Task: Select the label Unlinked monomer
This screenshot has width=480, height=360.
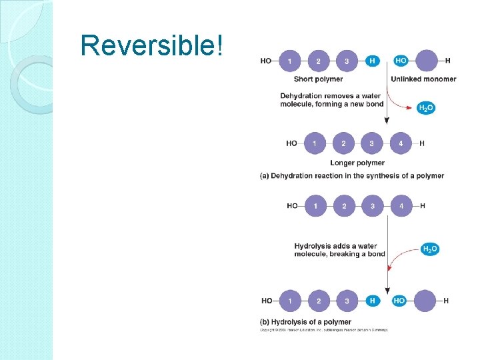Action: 423,79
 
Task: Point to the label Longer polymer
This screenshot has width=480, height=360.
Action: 357,163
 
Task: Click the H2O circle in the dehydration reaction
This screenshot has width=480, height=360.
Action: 425,108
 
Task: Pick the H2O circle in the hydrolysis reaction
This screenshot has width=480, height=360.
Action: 430,249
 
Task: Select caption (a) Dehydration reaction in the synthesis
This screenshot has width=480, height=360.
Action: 351,176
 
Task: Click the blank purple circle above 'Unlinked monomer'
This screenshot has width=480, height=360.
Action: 426,61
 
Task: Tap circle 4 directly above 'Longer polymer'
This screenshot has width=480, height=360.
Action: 401,143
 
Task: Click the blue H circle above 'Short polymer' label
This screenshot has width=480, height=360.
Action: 372,61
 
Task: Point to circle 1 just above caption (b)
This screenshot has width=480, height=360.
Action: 290,301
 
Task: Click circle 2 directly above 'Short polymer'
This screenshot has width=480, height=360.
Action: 318,61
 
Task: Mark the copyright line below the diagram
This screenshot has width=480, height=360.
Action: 323,330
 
